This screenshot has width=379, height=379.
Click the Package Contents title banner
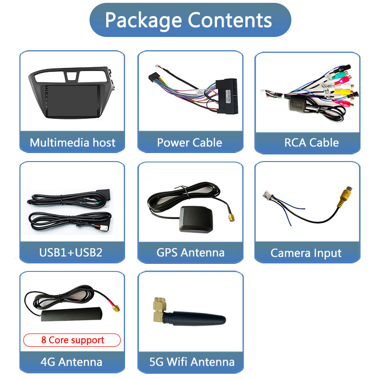pyautogui.click(x=189, y=20)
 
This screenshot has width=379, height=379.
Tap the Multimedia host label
pyautogui.click(x=72, y=143)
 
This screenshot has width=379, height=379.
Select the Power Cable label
pyautogui.click(x=189, y=143)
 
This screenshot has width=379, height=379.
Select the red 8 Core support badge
pyautogui.click(x=72, y=340)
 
